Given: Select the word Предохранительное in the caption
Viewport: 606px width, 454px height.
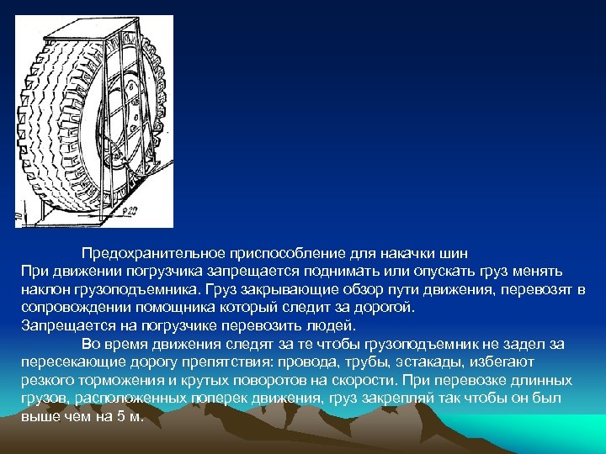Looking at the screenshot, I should [148, 253].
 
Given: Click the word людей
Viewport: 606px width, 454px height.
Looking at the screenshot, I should [328, 325].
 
